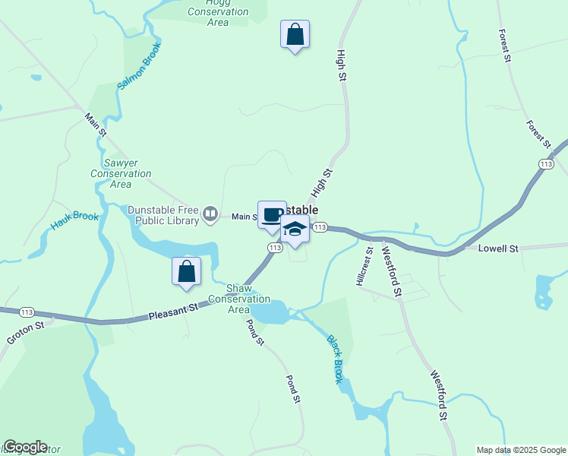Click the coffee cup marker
pos(272,214)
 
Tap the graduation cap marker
pos(295,229)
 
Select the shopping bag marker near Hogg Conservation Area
pos(295,34)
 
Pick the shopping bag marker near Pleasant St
pos(187,271)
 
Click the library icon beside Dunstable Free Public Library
pos(210,217)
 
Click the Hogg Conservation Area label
pos(218,12)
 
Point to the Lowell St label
pos(498,249)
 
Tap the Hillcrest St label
pos(364,266)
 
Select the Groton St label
pos(23,332)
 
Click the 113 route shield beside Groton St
pos(27,312)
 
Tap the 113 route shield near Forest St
pos(545,164)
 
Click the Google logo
pos(25,447)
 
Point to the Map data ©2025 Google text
pos(521,450)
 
